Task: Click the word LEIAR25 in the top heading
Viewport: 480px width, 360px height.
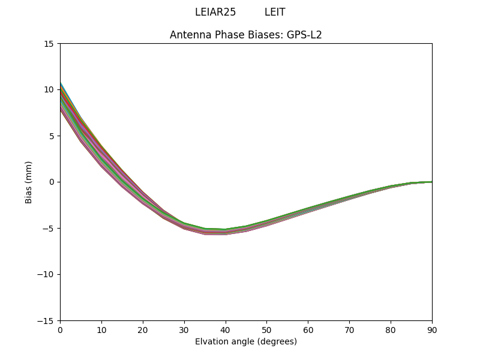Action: pos(215,12)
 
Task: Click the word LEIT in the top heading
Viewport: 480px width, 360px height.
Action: pos(275,12)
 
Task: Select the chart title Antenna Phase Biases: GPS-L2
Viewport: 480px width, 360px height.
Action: pos(246,35)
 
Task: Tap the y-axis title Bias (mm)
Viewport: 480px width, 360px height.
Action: pos(29,182)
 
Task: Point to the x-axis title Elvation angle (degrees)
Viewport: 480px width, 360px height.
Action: pos(246,341)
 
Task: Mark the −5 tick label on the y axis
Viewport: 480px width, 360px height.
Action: pos(48,228)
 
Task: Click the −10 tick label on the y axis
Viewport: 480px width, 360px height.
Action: pos(46,274)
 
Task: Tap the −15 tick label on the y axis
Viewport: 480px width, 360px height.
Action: pos(46,320)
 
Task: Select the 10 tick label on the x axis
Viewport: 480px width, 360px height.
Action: pos(101,329)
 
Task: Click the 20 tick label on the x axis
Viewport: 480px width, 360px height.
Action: pos(143,329)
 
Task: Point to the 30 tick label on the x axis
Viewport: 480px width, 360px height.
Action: pos(184,329)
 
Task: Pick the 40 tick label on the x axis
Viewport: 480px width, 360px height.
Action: pos(226,329)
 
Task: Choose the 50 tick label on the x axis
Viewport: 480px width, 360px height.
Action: pos(266,329)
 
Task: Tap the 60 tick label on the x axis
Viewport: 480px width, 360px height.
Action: pos(308,329)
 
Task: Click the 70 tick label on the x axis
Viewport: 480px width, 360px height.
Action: pos(349,329)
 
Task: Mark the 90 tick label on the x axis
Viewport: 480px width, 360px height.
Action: pos(432,329)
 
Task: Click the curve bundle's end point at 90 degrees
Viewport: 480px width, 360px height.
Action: pos(431,182)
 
